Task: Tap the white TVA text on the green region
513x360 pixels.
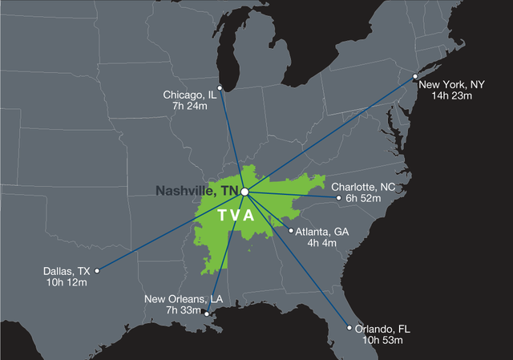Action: (x=236, y=216)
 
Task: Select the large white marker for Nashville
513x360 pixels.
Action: (x=245, y=192)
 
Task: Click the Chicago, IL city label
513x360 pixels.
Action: (x=190, y=95)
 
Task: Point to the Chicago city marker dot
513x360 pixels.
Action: (x=220, y=88)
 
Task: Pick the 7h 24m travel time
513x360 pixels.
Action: (x=190, y=106)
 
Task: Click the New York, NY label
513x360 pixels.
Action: (x=454, y=84)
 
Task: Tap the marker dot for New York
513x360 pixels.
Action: (x=414, y=77)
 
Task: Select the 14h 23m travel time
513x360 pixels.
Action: (x=454, y=95)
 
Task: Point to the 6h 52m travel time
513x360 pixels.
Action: (x=362, y=198)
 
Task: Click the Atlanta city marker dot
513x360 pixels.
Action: (x=290, y=231)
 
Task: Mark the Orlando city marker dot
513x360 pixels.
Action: (x=349, y=327)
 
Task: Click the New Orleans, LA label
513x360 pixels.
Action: (x=184, y=299)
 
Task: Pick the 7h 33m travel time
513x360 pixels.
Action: (x=184, y=310)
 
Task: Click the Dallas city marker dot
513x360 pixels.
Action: (x=97, y=270)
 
